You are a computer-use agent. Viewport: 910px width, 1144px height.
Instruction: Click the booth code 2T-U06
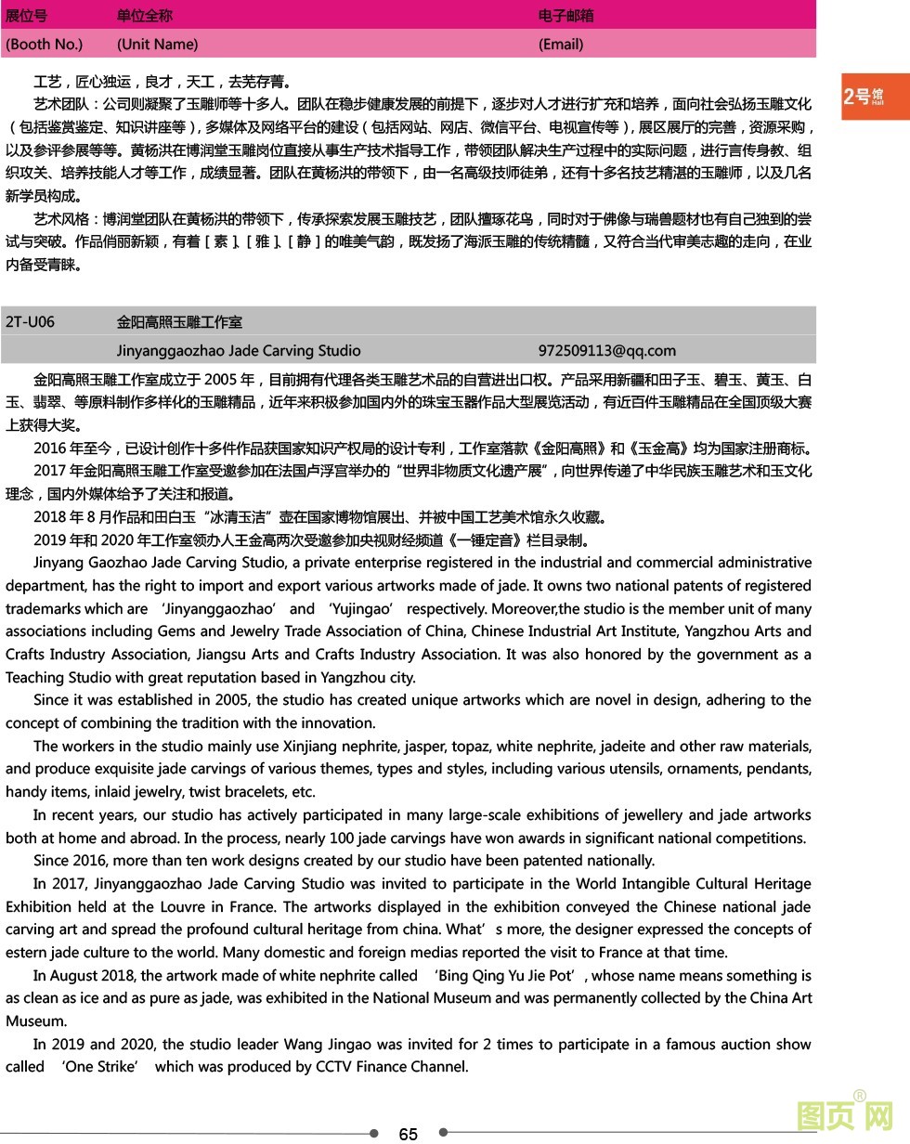pos(30,322)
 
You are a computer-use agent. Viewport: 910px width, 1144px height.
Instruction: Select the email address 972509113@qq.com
pos(606,351)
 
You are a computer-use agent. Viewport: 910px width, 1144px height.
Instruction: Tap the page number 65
pos(408,1134)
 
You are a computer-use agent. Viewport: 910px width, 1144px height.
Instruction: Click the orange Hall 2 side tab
pos(875,97)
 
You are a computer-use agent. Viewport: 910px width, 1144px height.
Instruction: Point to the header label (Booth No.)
pos(44,45)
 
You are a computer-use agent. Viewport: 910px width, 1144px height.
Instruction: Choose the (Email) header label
pos(561,45)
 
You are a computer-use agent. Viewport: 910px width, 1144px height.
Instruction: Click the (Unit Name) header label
pos(157,45)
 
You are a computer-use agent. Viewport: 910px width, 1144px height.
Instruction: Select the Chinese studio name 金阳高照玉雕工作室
pos(179,322)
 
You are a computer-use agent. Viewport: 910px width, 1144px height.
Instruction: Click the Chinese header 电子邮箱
pos(565,16)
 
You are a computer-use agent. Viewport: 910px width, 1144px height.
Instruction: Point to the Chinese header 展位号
pos(26,16)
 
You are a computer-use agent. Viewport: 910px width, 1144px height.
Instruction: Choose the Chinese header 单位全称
pos(144,16)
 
